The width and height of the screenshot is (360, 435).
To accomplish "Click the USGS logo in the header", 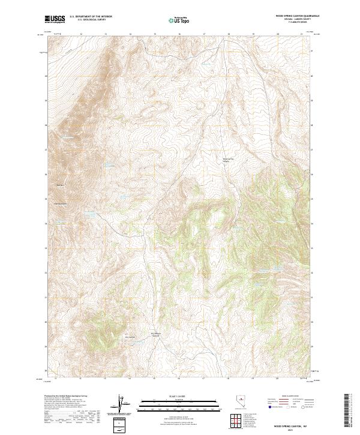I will [x=55, y=20].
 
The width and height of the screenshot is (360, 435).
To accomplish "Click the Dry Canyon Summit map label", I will [x=155, y=335].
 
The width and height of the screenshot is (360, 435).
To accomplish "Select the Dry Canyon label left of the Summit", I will [x=130, y=337].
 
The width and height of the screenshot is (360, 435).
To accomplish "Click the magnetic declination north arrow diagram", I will [x=120, y=404].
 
